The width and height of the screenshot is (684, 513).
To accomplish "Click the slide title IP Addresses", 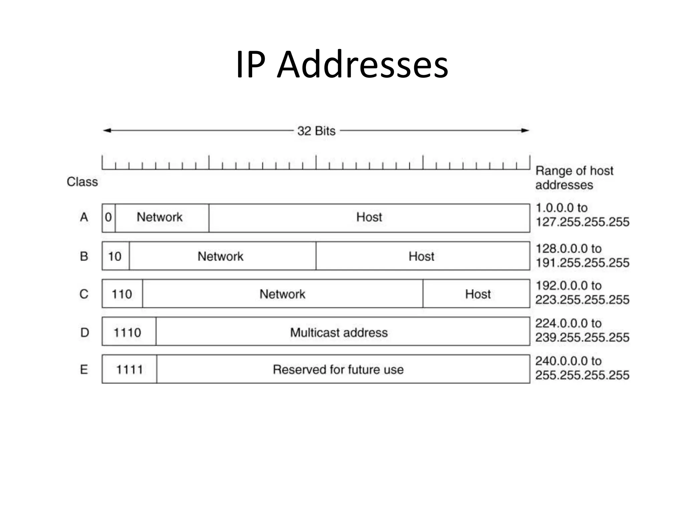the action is pyautogui.click(x=342, y=64).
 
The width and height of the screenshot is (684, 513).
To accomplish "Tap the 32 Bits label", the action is pyautogui.click(x=316, y=131).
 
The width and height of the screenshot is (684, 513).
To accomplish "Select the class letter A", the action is pyautogui.click(x=84, y=217).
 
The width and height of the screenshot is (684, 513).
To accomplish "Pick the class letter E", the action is pyautogui.click(x=84, y=369).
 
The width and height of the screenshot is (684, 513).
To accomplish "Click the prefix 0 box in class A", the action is pyautogui.click(x=108, y=217).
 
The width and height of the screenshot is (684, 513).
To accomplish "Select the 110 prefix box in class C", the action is pyautogui.click(x=122, y=294).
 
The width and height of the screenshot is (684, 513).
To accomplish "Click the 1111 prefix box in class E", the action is pyautogui.click(x=129, y=369).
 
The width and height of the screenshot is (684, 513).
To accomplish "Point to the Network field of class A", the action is pyautogui.click(x=160, y=217).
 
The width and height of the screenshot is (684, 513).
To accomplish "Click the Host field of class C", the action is pyautogui.click(x=478, y=294).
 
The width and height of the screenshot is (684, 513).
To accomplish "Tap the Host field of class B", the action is pyautogui.click(x=421, y=256).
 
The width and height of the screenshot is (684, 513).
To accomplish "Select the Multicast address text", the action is pyautogui.click(x=339, y=332).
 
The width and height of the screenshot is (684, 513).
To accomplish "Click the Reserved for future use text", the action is pyautogui.click(x=338, y=369).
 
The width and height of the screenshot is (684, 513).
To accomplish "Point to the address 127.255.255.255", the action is pyautogui.click(x=582, y=222).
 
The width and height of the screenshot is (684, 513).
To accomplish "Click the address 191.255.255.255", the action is pyautogui.click(x=582, y=263).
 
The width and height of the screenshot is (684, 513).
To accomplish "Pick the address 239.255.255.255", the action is pyautogui.click(x=582, y=337).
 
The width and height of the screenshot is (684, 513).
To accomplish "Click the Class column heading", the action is pyautogui.click(x=82, y=182).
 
